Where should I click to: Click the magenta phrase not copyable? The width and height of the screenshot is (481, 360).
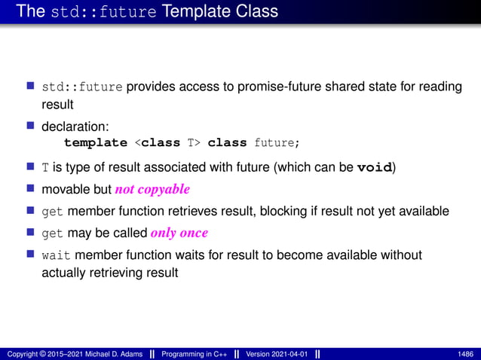click(x=152, y=189)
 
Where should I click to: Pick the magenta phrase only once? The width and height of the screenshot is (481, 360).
click(x=179, y=233)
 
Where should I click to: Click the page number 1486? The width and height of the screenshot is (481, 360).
click(x=466, y=353)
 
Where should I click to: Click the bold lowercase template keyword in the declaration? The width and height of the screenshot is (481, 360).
click(x=95, y=142)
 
